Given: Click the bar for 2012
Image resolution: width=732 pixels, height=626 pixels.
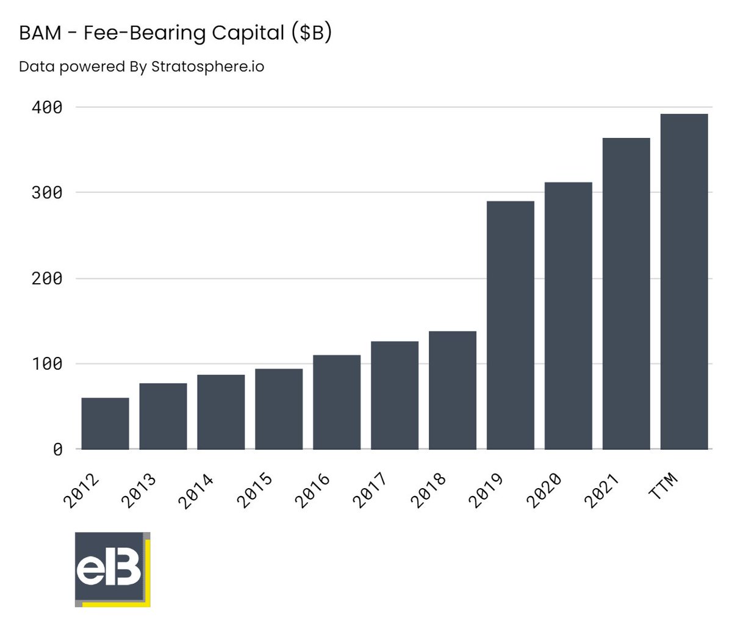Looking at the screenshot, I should point(105,423).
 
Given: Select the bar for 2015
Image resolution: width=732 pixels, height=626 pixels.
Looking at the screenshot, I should point(279,409).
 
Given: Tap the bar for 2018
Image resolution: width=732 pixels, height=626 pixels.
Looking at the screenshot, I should point(453,390).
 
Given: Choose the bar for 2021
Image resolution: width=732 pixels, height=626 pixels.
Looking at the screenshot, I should point(626,293).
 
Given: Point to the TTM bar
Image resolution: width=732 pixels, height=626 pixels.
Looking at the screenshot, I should point(684,281).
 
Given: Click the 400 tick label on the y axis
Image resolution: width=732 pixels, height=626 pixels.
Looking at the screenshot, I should point(46,107).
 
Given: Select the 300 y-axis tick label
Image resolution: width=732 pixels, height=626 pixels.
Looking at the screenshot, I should point(46,193).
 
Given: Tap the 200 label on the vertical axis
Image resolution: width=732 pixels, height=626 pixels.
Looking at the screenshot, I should point(46,279).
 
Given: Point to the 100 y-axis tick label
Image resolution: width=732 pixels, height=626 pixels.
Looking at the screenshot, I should point(46,364).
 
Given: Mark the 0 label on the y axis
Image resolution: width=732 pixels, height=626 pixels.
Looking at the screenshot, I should point(57,450).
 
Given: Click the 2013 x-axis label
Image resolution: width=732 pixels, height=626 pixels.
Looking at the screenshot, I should point(138,490).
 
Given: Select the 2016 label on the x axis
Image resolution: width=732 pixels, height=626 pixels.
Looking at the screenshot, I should point(312,490).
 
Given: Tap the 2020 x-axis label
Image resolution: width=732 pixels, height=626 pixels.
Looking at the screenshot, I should point(544,490).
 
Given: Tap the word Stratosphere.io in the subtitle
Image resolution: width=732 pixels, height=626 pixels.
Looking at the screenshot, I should point(207,66).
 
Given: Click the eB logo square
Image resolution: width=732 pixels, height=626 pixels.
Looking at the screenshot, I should point(111,569).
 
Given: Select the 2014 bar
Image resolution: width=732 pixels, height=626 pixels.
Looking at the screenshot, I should point(221,412).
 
